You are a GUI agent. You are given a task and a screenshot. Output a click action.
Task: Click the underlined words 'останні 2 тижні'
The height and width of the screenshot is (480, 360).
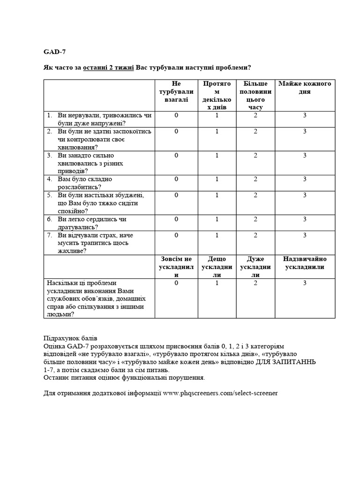(109, 67)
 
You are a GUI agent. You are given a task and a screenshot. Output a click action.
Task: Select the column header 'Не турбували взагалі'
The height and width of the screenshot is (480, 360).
(176, 91)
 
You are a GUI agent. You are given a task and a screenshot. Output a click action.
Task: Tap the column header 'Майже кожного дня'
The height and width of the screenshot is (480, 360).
(304, 88)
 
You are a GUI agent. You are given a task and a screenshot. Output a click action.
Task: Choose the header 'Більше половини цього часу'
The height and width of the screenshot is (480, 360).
(255, 95)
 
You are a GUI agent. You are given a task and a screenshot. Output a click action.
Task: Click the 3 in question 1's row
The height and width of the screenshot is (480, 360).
(305, 115)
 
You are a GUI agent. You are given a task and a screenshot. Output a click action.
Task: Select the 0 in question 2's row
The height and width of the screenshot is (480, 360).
(176, 131)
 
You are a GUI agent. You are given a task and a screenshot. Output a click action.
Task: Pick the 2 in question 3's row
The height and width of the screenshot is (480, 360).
(255, 155)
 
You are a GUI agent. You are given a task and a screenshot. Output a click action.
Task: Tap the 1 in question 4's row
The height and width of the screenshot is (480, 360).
(217, 179)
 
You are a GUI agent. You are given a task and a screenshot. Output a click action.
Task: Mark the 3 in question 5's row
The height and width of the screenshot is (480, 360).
(305, 195)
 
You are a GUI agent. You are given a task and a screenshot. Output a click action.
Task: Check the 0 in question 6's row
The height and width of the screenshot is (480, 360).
(176, 219)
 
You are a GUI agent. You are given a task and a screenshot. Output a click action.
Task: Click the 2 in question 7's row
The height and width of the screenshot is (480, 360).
(255, 235)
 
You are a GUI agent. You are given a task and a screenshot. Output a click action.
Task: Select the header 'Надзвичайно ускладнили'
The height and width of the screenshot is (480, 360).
(304, 263)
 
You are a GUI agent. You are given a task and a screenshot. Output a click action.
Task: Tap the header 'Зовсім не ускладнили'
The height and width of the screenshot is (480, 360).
(176, 267)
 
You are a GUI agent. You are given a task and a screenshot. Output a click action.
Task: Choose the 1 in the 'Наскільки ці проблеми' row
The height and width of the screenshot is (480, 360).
(217, 283)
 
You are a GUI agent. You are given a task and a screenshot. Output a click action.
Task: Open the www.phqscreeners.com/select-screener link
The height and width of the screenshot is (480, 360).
(220, 392)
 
